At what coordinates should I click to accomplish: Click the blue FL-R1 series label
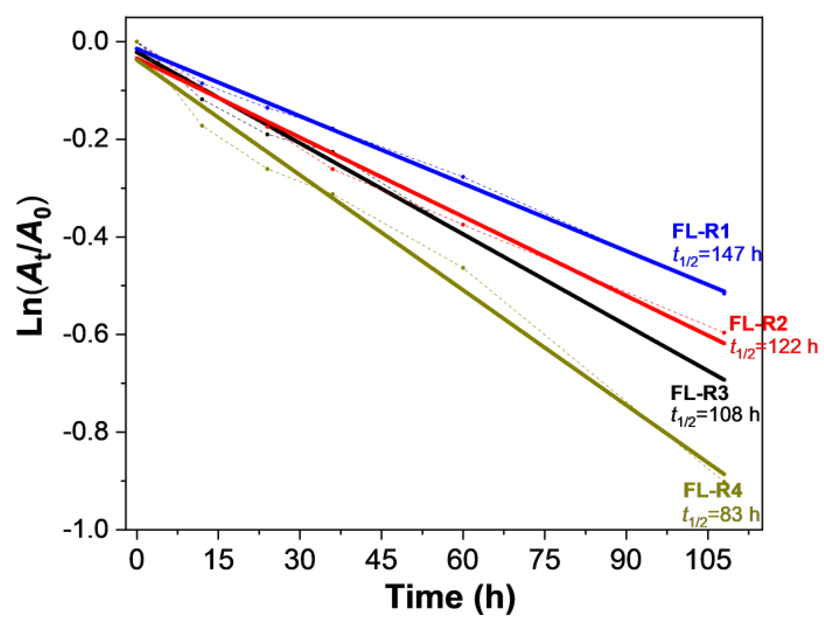700,232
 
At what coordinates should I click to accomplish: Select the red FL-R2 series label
758,323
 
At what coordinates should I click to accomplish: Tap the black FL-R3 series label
700,393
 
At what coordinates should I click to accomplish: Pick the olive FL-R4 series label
713,490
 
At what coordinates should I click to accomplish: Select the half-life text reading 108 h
715,415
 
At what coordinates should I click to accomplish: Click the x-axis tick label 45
381,560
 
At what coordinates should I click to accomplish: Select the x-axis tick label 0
136,560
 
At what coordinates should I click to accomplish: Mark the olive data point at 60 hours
463,268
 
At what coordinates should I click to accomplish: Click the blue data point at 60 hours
463,177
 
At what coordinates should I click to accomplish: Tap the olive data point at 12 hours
202,126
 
